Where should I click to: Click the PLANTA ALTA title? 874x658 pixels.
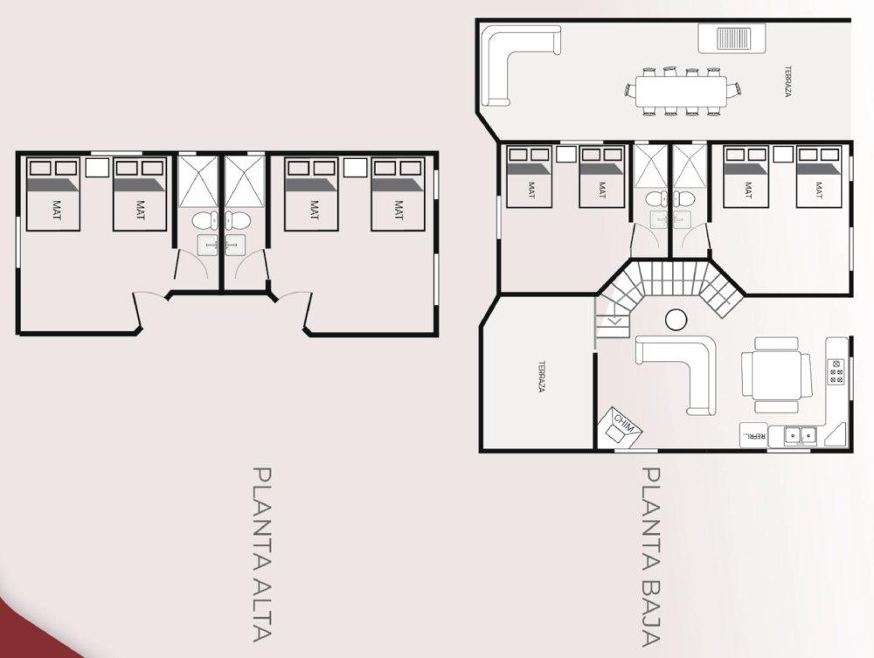(x=261, y=554)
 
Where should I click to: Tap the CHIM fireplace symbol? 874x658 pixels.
(x=620, y=427)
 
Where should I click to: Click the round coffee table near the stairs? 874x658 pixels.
(x=676, y=320)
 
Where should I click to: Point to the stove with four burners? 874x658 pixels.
(x=836, y=371)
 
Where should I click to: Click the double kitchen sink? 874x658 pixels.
(x=801, y=434)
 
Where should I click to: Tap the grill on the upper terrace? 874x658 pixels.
(x=732, y=38)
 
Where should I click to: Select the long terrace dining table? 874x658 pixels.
(x=682, y=92)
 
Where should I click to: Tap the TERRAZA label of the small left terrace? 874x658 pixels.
(x=541, y=377)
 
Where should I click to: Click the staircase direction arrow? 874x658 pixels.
(x=615, y=320)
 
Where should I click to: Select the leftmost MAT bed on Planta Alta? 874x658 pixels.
(x=53, y=194)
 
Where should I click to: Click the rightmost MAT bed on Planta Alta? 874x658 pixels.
(x=398, y=194)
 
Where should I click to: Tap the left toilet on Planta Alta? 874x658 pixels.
(x=204, y=220)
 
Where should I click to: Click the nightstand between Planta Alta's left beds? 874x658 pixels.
(x=97, y=167)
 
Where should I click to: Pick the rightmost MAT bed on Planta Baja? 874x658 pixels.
(x=818, y=177)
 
